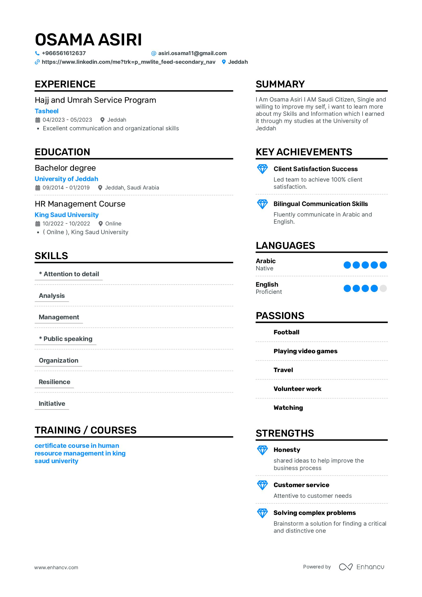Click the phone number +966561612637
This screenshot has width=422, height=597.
click(64, 53)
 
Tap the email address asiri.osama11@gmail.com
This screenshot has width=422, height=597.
click(192, 53)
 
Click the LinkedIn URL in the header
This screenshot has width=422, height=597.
click(129, 62)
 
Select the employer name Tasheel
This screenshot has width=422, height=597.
click(47, 111)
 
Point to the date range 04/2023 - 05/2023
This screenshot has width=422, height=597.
click(67, 120)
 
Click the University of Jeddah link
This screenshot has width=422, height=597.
click(66, 179)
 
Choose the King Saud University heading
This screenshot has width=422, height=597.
click(67, 215)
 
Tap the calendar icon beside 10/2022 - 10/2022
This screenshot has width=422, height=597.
click(38, 224)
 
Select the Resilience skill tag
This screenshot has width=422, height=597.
click(54, 382)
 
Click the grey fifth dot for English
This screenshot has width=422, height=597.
click(383, 288)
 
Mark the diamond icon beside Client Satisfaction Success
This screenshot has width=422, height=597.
click(262, 169)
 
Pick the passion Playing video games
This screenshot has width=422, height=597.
click(305, 351)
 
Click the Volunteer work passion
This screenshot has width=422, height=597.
click(297, 389)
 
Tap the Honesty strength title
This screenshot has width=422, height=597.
click(287, 450)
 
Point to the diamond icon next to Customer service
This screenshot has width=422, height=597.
click(262, 485)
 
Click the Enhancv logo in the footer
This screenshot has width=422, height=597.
click(361, 567)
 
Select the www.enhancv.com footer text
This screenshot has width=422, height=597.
click(56, 567)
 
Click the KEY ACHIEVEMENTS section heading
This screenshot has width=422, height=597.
click(304, 152)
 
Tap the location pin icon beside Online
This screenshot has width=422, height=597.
click(101, 224)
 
